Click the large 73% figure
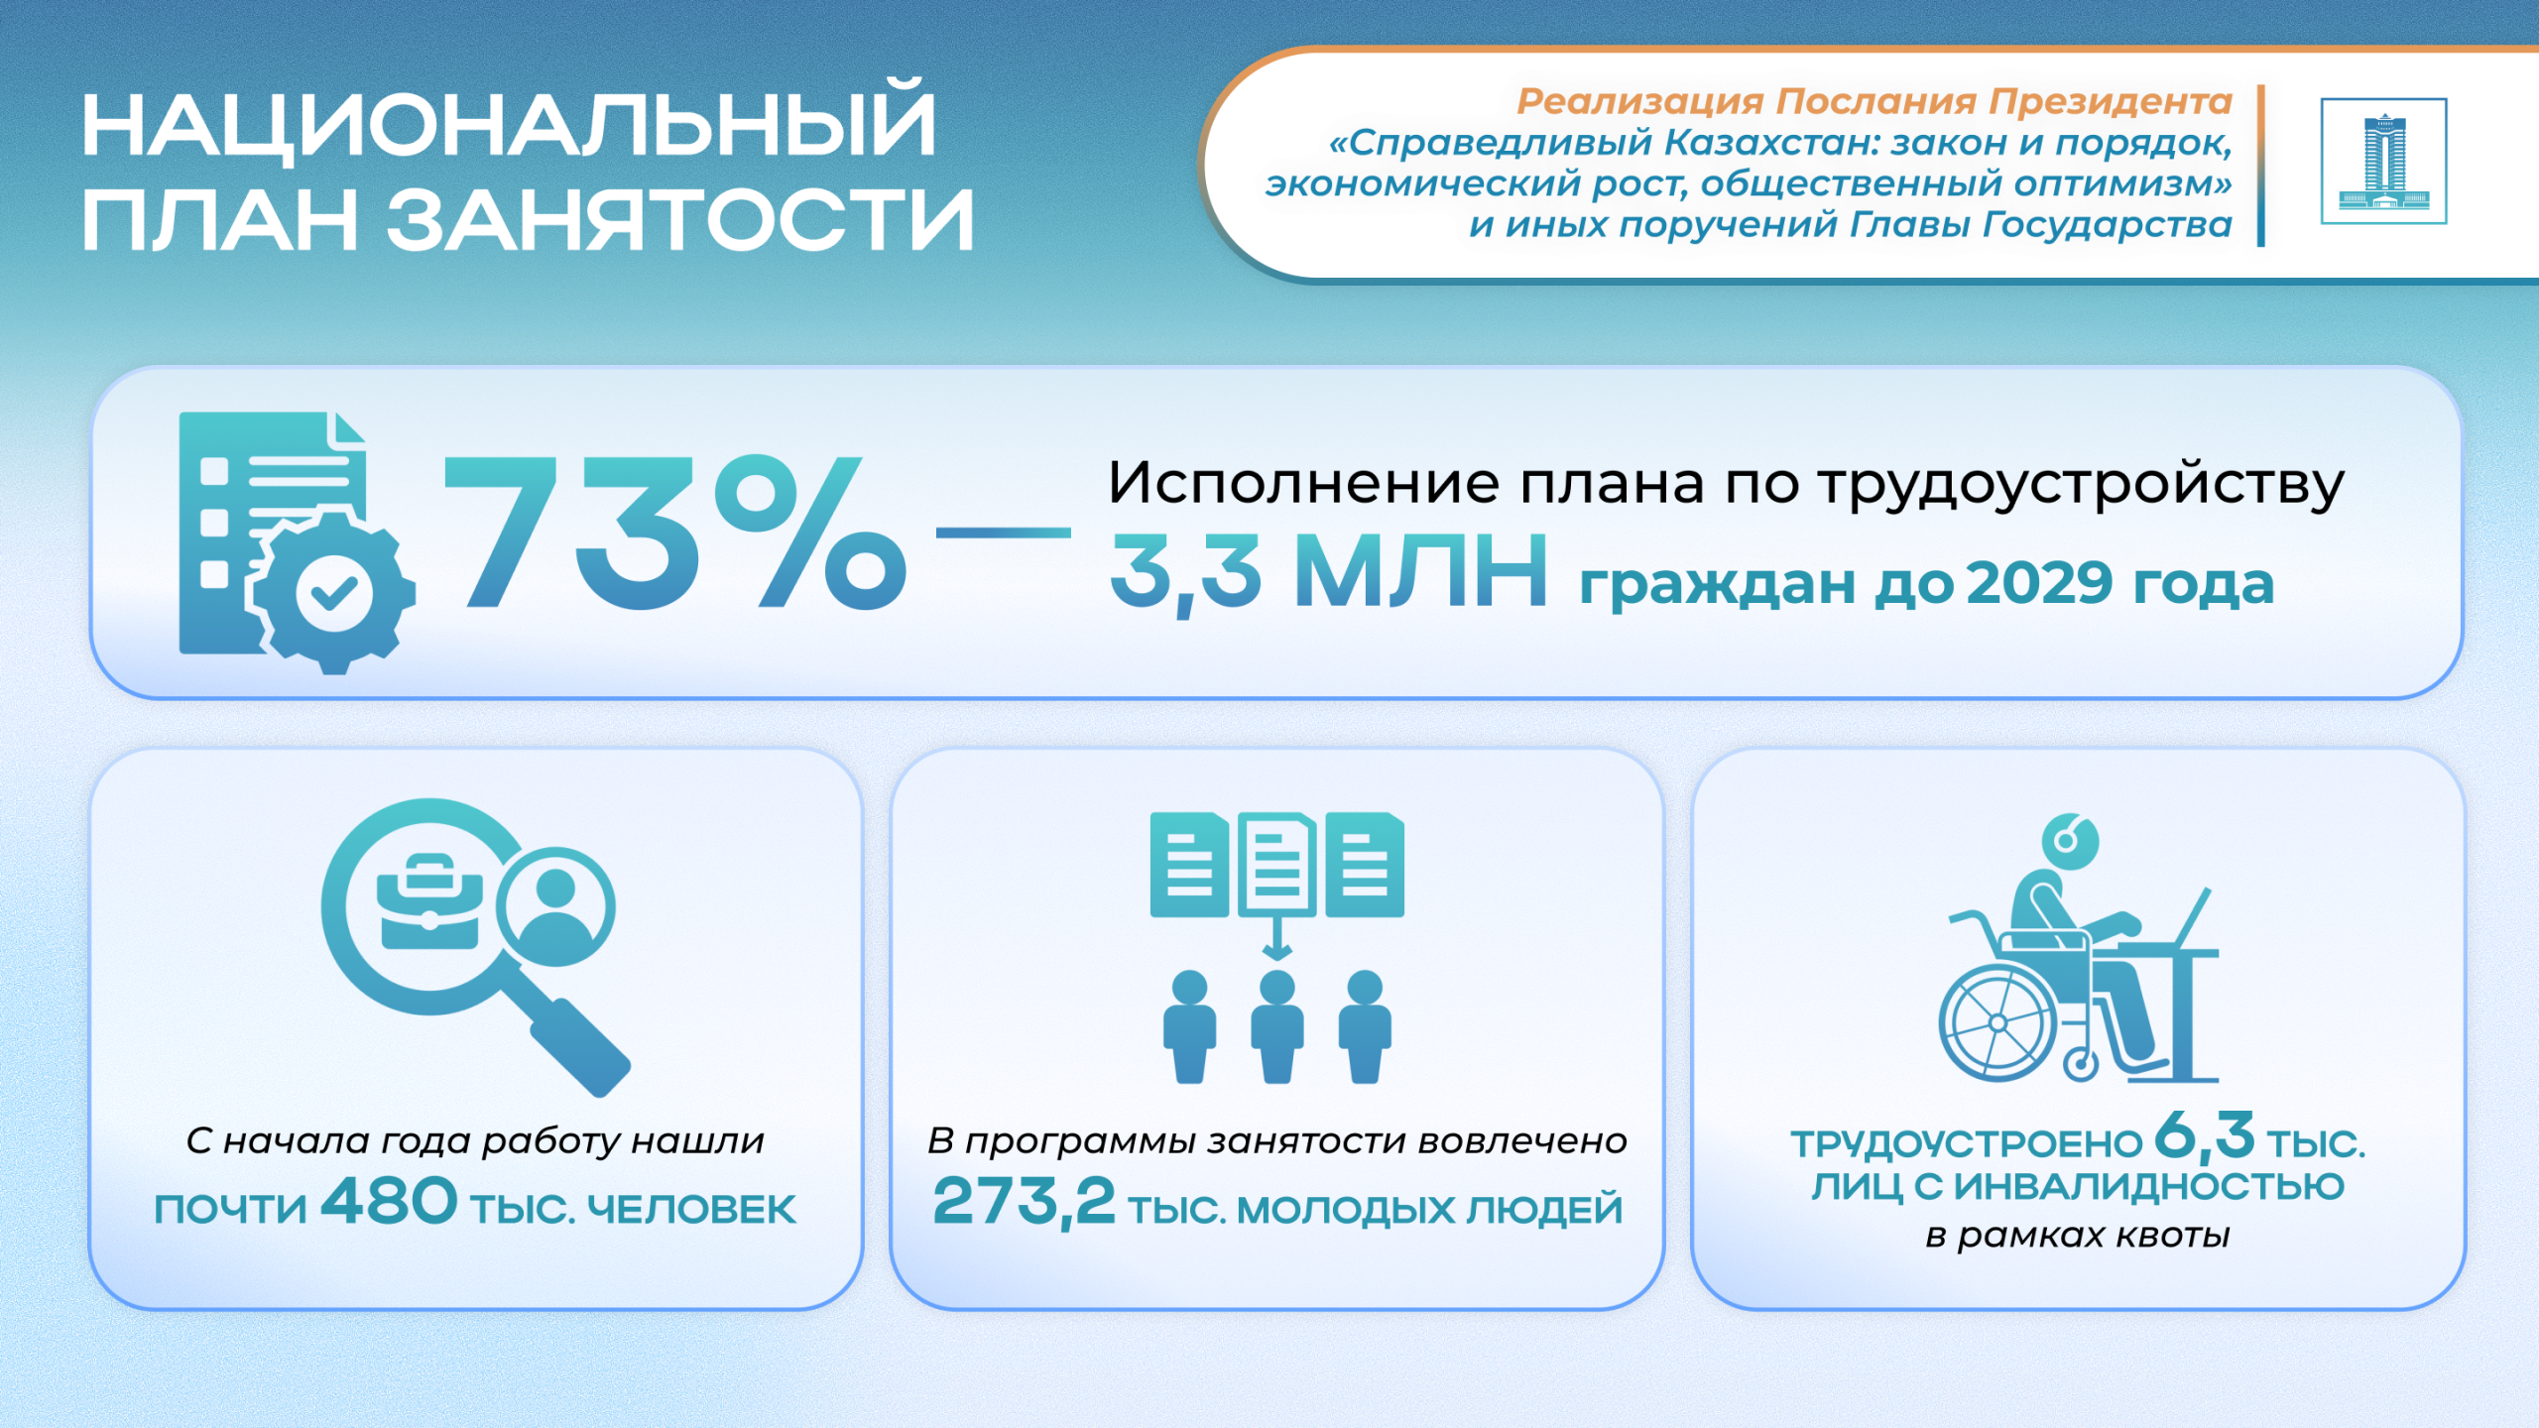point(674,533)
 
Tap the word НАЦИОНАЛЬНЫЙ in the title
point(509,123)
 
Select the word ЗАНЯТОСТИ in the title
point(680,219)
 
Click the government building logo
point(2383,161)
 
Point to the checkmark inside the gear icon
point(334,593)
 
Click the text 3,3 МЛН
point(1328,572)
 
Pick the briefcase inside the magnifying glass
point(429,901)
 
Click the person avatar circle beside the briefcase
point(555,906)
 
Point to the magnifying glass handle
point(580,1047)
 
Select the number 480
point(389,1201)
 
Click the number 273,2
point(1025,1202)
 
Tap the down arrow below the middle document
point(1276,936)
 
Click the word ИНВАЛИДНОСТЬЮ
point(2149,1186)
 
